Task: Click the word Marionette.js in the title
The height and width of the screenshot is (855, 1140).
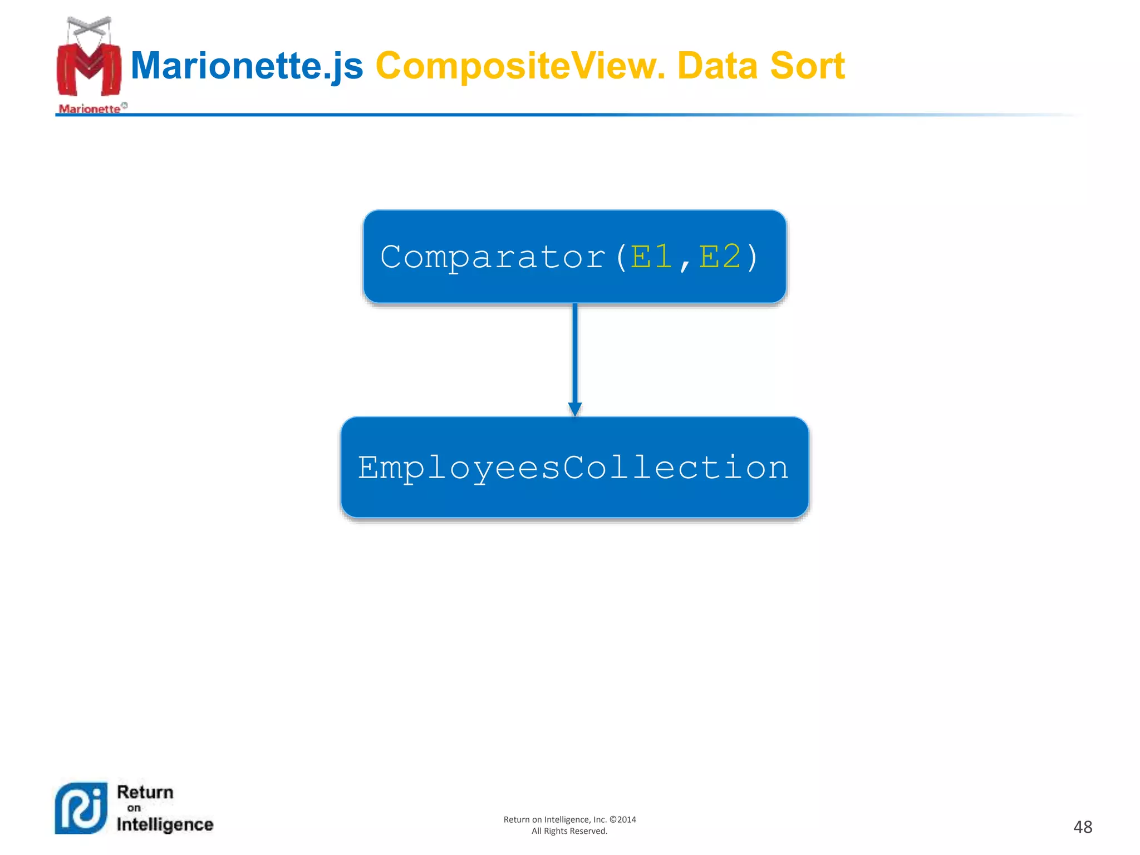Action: [x=247, y=66]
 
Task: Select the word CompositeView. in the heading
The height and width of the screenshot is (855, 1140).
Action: [x=520, y=66]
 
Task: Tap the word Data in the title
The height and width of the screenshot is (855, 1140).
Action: [x=718, y=66]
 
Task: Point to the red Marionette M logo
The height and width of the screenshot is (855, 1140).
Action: [x=89, y=70]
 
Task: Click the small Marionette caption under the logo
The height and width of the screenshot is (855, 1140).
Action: [x=90, y=109]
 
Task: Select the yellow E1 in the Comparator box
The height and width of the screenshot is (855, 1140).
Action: [x=651, y=257]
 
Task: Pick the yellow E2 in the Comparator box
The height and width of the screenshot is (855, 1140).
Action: [x=720, y=257]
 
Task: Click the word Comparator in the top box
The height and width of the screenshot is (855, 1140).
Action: [x=493, y=257]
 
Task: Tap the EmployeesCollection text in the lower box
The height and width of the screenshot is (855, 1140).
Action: [x=573, y=468]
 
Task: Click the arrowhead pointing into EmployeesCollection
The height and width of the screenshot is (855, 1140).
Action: [x=575, y=409]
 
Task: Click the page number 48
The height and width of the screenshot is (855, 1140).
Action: [x=1083, y=827]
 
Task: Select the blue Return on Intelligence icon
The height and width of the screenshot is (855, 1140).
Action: [x=81, y=808]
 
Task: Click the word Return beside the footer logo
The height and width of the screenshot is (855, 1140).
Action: [x=145, y=792]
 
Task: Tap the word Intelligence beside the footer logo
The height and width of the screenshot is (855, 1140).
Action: [x=165, y=824]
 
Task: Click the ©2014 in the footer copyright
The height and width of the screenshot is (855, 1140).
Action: [x=623, y=819]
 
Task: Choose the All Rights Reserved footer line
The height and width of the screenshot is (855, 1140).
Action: [x=569, y=831]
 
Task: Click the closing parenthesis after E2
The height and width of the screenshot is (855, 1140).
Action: [x=753, y=257]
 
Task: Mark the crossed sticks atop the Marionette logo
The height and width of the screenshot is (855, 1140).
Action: [x=89, y=25]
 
